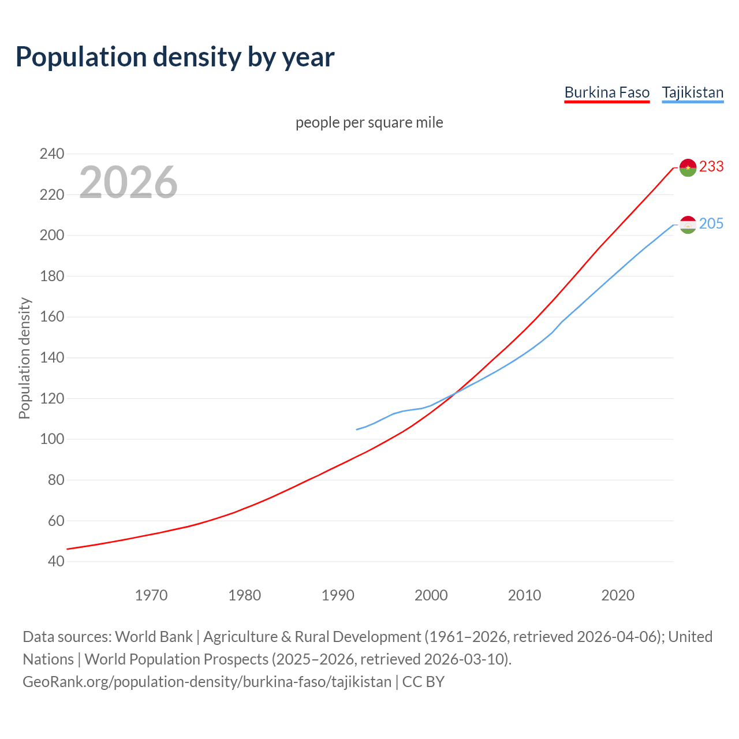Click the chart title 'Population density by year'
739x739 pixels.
175,57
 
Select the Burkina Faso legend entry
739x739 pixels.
607,92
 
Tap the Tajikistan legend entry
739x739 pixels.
692,92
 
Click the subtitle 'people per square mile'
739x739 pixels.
369,122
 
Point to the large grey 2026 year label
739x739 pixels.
128,182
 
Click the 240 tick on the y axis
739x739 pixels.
51,154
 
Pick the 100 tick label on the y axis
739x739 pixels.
51,439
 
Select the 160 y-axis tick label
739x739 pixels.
51,317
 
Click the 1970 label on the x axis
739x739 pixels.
151,595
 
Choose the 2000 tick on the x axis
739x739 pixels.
431,595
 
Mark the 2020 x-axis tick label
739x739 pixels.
618,595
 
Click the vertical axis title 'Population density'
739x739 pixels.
24,358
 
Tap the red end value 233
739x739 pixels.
711,166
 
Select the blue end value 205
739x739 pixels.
711,223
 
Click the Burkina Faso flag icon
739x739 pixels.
688,167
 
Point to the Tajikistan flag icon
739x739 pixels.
688,225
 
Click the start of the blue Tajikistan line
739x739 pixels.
357,430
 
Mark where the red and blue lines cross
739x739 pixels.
454,394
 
